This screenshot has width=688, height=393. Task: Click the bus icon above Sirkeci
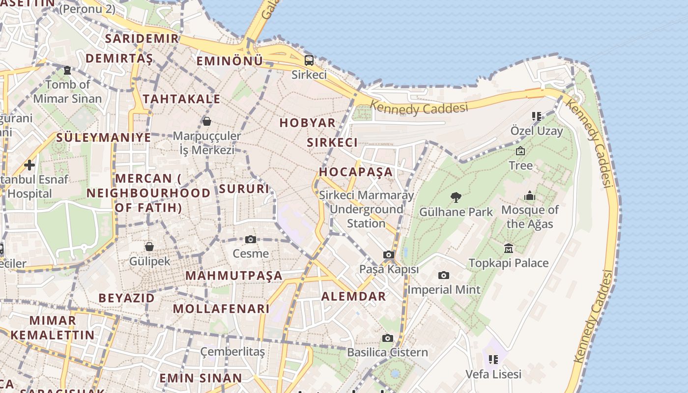click(x=309, y=60)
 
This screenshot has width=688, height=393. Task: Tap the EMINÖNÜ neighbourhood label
click(x=229, y=61)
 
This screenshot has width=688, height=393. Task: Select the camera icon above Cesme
click(x=251, y=239)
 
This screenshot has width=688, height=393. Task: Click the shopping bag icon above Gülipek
click(x=149, y=246)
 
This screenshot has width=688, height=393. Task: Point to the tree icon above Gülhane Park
click(x=456, y=197)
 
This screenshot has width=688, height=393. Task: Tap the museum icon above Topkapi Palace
click(x=509, y=248)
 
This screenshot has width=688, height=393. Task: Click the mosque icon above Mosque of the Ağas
click(x=530, y=196)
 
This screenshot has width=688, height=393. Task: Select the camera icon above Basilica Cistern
click(x=388, y=338)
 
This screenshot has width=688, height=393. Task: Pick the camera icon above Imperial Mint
click(x=444, y=275)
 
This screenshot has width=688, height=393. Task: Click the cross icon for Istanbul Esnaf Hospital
click(x=29, y=165)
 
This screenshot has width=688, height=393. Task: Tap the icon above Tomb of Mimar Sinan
click(x=67, y=70)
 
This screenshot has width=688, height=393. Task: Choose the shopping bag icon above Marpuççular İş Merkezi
click(x=207, y=121)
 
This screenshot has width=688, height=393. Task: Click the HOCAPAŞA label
click(x=356, y=172)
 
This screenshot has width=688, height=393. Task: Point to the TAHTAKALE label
click(x=181, y=99)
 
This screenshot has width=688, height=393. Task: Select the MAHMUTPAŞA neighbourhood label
click(x=234, y=276)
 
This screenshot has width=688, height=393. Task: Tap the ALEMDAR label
click(x=353, y=296)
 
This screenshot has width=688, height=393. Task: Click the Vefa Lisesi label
click(x=493, y=374)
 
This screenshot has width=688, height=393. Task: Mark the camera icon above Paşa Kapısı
click(x=389, y=254)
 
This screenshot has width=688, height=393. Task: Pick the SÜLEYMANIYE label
click(x=104, y=138)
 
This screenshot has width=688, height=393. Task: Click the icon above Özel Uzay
click(x=536, y=116)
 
